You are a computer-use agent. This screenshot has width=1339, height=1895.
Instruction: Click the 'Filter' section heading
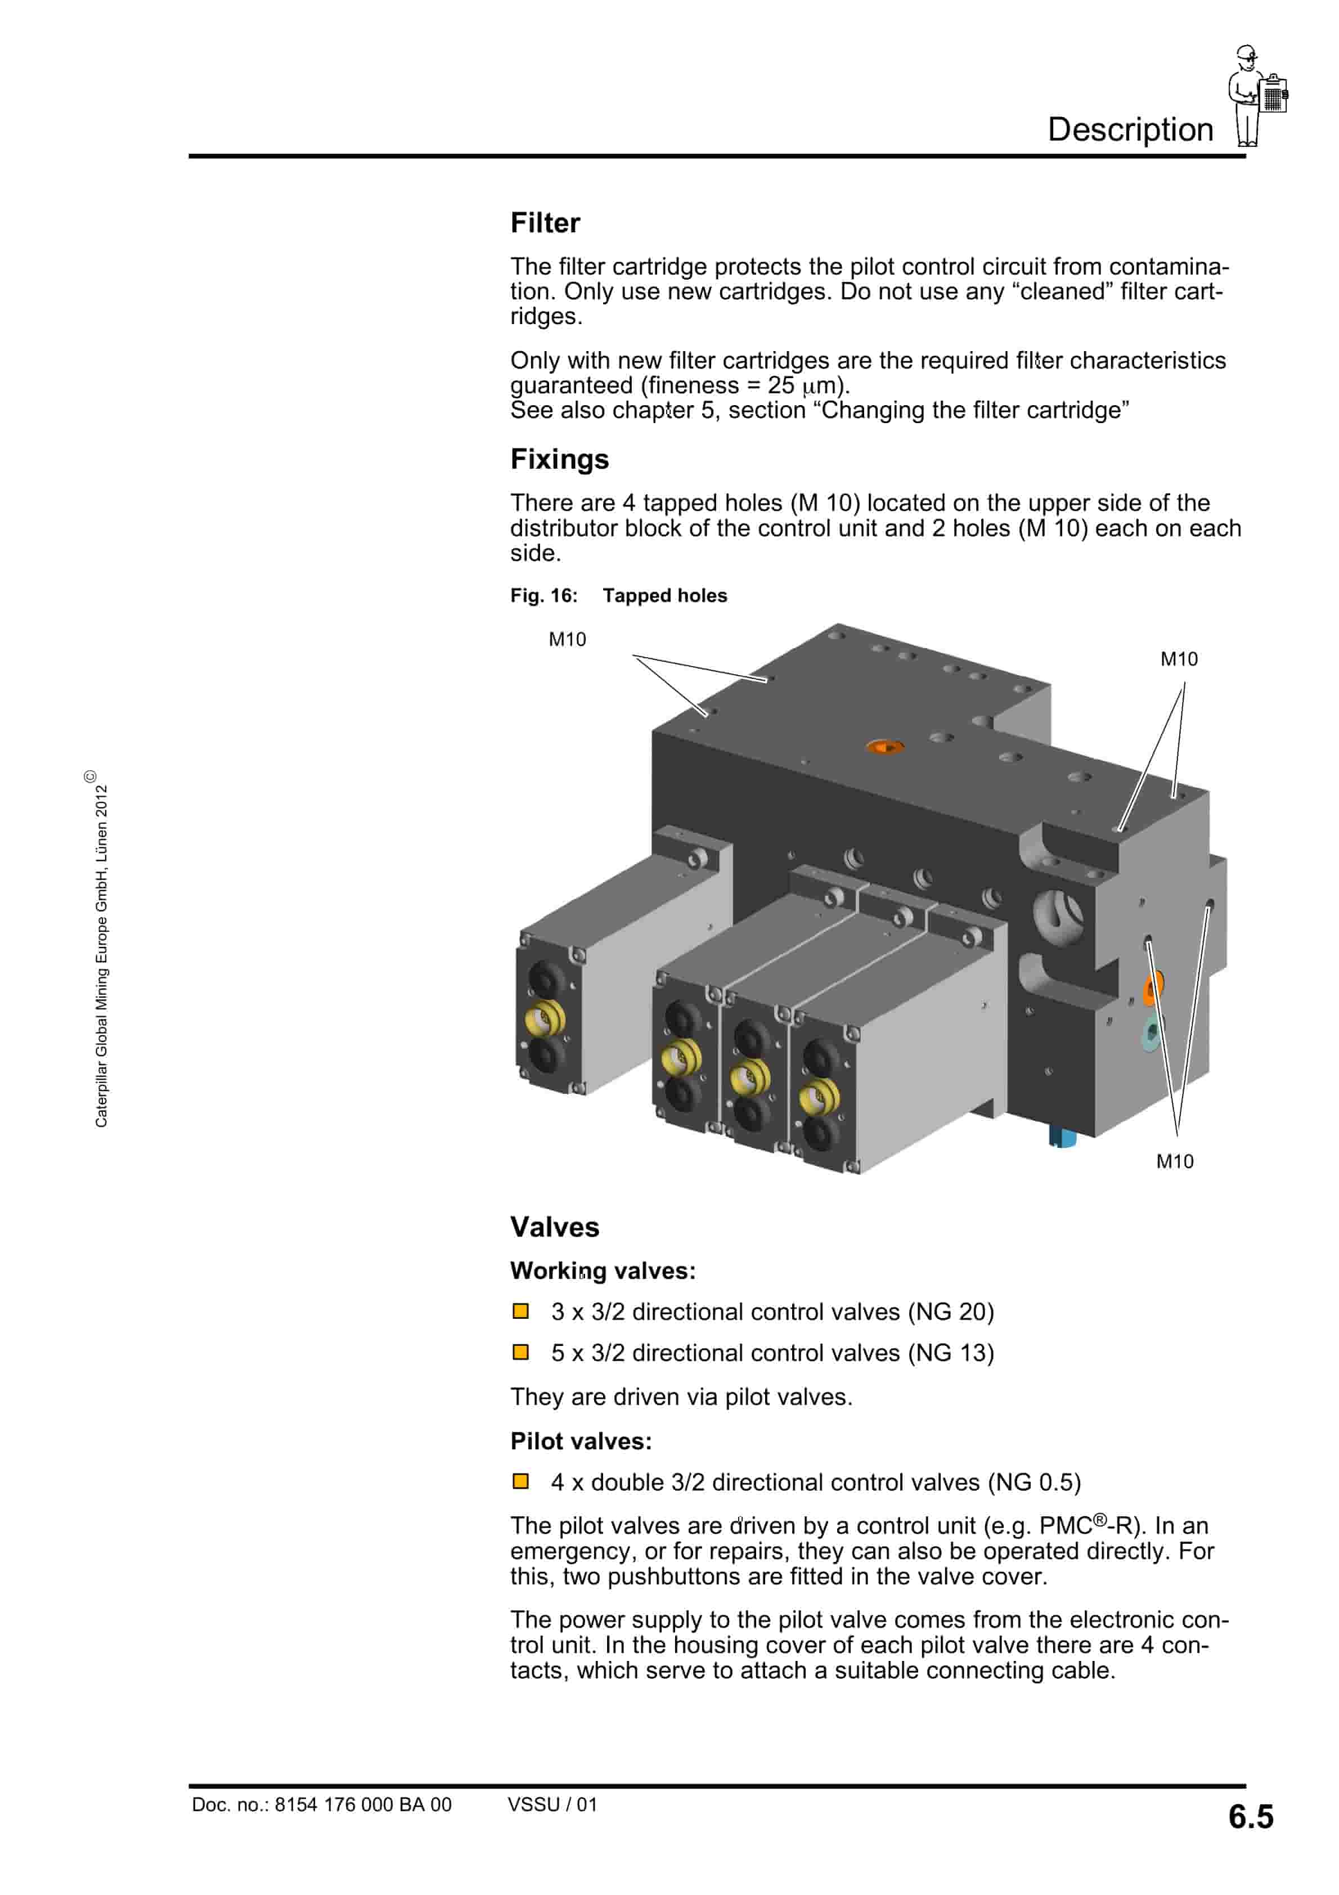545,223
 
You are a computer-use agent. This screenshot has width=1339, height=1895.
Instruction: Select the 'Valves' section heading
554,1227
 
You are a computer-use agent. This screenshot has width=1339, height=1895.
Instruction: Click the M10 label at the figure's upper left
567,640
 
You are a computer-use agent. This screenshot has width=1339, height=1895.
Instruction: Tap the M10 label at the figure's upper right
1178,659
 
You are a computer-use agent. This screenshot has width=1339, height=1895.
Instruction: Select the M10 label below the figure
1174,1162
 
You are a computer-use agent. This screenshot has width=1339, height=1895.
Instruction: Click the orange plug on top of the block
884,747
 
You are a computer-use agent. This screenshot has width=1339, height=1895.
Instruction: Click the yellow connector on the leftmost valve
544,1020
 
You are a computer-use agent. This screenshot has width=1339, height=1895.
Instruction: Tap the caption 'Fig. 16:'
543,596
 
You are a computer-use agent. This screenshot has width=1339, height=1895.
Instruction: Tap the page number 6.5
1250,1817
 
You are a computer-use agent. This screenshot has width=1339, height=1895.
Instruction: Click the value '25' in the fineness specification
780,385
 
